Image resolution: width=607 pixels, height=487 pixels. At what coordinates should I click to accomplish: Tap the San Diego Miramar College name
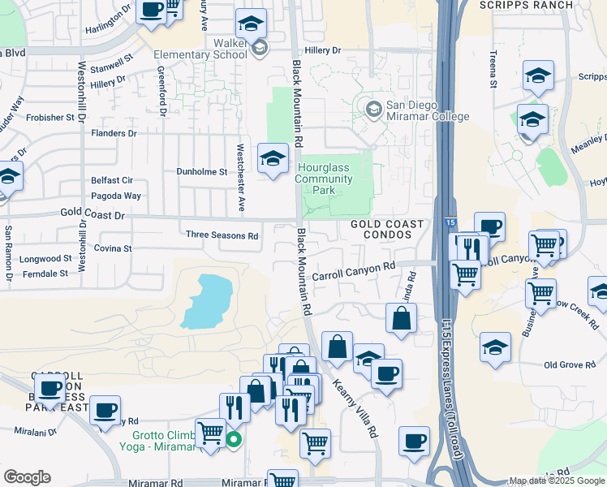[x=417, y=110]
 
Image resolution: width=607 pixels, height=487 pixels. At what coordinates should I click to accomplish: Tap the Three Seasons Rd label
[x=222, y=235]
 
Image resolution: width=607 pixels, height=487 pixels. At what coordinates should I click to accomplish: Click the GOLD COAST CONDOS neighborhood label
[x=387, y=229]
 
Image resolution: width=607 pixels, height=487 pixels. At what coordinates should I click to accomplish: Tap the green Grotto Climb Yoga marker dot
[x=234, y=441]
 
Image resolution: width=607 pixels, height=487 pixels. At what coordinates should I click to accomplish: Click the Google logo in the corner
[x=27, y=477]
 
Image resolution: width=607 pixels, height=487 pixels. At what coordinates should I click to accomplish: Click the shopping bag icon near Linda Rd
[x=402, y=318]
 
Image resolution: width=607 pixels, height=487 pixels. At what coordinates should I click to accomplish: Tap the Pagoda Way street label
[x=118, y=196]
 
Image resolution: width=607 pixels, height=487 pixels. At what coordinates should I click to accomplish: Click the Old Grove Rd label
[x=570, y=365]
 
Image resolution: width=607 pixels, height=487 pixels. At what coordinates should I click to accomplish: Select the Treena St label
[x=493, y=68]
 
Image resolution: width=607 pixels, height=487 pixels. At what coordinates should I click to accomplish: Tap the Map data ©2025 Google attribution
[x=557, y=481]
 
